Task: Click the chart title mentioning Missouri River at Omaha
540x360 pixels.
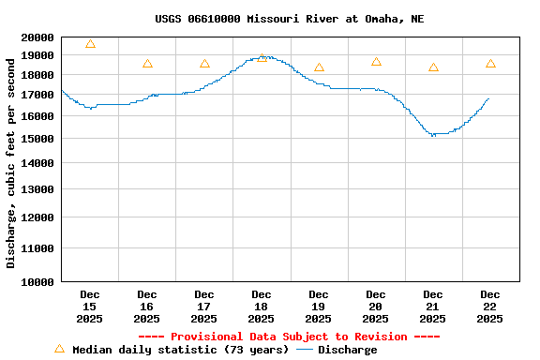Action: pos(289,19)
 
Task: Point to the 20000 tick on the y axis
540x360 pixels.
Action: pos(37,37)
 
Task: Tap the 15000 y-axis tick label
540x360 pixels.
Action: pos(37,139)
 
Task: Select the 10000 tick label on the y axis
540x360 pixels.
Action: pos(37,281)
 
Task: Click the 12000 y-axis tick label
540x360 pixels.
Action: pos(37,217)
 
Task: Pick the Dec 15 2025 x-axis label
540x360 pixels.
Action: pos(90,307)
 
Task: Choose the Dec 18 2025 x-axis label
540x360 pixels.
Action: pos(262,307)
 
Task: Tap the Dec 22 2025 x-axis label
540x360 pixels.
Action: pos(489,307)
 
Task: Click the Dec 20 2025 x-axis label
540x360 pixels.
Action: pos(376,307)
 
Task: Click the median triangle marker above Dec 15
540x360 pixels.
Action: pos(90,44)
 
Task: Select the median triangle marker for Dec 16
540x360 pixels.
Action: pos(147,64)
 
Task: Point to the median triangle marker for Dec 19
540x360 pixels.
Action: pos(319,67)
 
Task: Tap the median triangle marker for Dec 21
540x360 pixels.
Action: pos(433,67)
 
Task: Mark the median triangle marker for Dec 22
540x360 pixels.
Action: pos(490,64)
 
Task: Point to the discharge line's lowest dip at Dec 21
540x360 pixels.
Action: pos(433,134)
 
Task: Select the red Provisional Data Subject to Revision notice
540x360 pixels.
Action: pos(289,337)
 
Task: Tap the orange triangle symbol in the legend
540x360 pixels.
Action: pos(59,349)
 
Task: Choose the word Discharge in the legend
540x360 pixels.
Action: pos(347,350)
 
